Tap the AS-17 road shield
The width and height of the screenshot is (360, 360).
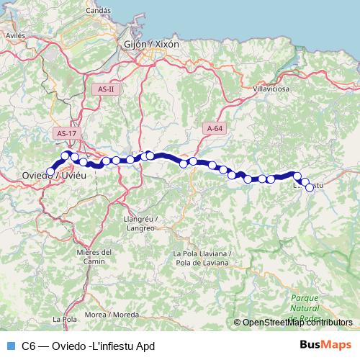(x=66, y=133)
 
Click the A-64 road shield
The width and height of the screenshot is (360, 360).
(x=215, y=128)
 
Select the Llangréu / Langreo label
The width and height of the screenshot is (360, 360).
(x=140, y=223)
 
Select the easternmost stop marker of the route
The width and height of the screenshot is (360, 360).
(x=310, y=187)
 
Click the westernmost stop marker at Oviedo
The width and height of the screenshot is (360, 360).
(x=50, y=171)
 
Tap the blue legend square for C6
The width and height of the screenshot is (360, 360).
(x=10, y=346)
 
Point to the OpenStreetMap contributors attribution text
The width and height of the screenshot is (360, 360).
(x=297, y=323)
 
